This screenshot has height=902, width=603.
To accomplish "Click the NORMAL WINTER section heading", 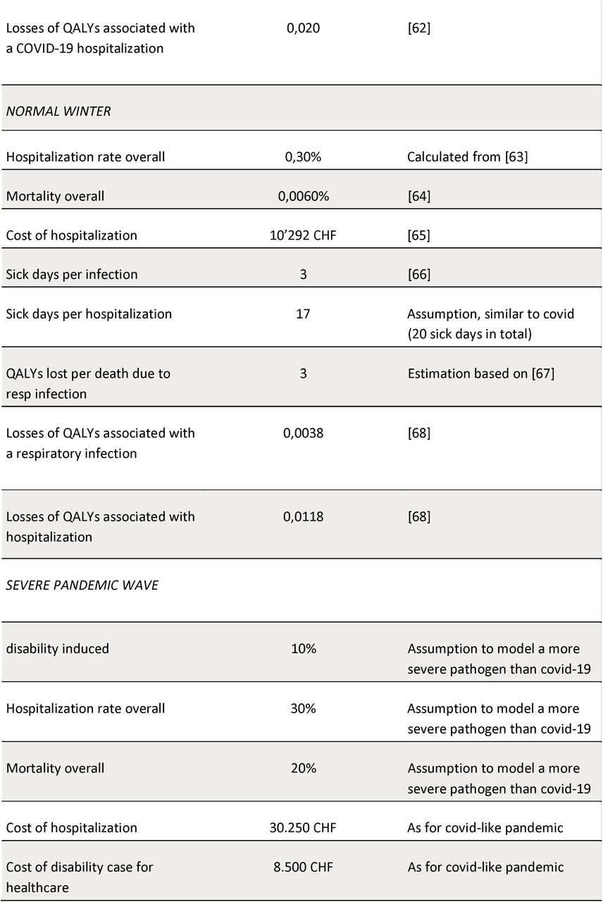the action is [58, 111].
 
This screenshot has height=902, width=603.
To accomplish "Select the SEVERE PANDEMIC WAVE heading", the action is [82, 585].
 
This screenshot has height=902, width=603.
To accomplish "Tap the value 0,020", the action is [303, 28].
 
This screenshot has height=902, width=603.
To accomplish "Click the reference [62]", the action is [418, 28].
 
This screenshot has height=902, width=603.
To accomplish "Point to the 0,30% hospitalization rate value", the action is [303, 156].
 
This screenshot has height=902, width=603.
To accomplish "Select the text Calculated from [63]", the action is [467, 156].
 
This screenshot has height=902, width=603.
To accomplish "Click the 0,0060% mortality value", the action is [303, 196].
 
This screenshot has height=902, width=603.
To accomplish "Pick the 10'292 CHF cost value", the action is [303, 235].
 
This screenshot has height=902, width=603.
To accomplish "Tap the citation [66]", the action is [418, 275].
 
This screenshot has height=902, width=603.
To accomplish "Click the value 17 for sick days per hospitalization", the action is [303, 314].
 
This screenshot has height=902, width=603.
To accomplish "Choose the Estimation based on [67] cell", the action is [480, 373].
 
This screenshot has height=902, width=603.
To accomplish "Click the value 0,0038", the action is [303, 433].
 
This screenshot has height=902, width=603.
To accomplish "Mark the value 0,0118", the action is [303, 517].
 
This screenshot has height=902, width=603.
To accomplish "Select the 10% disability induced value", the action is [304, 649].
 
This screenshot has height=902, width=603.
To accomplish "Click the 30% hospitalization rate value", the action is [303, 708].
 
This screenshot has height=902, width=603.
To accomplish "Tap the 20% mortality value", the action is [304, 768].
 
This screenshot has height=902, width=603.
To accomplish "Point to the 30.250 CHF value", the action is [303, 828].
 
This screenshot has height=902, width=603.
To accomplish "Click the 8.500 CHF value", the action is [303, 867].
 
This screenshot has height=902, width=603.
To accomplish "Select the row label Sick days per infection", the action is [72, 275].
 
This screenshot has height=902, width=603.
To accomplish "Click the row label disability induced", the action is [57, 649].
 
